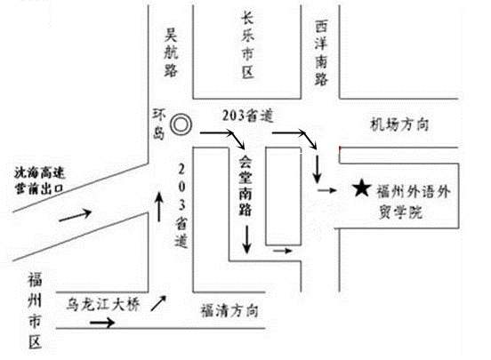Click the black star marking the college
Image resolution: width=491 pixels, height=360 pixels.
362,188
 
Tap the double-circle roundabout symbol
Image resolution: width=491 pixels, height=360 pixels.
181,124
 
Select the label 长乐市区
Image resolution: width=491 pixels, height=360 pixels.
247,44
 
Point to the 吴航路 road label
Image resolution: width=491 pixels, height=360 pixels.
171,52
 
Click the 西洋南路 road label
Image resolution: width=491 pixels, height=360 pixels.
321,53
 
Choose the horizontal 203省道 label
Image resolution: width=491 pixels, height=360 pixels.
248,116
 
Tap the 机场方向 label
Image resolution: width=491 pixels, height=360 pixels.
399,124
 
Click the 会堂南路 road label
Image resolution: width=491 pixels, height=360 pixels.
245,186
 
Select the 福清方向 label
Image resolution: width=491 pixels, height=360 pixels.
229,310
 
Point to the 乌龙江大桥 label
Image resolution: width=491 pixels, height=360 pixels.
103,304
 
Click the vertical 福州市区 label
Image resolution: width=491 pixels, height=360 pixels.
35,310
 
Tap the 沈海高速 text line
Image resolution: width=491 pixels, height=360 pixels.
39,172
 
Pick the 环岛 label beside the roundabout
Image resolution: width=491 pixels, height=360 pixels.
158,124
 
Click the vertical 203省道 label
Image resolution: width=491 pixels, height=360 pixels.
181,205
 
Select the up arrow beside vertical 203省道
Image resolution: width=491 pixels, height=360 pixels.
159,206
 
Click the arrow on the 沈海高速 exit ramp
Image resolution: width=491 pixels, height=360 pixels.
75,215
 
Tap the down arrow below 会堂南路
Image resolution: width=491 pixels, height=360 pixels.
247,239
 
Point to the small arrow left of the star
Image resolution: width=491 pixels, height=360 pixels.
327,190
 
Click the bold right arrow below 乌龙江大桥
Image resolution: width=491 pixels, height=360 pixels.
102,322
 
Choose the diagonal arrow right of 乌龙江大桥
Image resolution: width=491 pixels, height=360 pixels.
158,303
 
